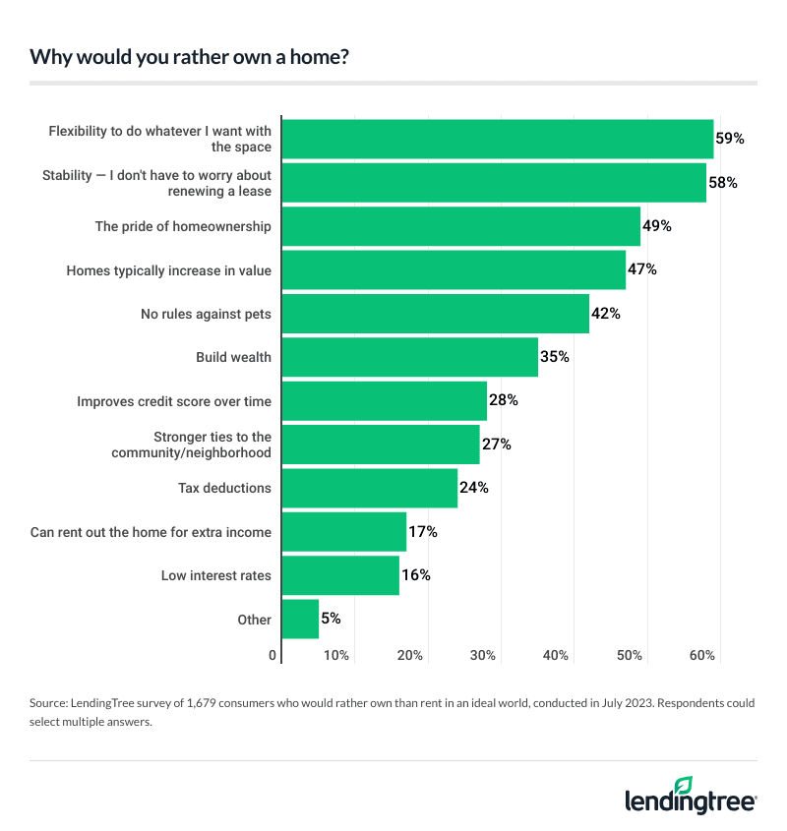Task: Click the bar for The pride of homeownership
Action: click(460, 226)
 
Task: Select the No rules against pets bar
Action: click(435, 314)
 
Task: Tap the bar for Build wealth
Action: click(409, 357)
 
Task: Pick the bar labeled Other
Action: click(300, 620)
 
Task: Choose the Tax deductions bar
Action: click(369, 488)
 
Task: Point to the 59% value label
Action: click(730, 139)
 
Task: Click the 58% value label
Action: click(723, 183)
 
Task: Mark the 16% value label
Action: click(416, 575)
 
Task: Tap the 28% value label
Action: click(504, 400)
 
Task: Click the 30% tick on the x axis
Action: click(483, 656)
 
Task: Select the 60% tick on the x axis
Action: click(702, 656)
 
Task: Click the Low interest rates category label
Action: click(215, 575)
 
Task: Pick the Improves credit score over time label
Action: click(174, 401)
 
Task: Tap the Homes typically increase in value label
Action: click(168, 269)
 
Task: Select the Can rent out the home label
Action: click(151, 532)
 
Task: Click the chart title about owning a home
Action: click(189, 56)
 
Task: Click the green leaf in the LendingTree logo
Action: click(683, 784)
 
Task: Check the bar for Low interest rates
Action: click(340, 575)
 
